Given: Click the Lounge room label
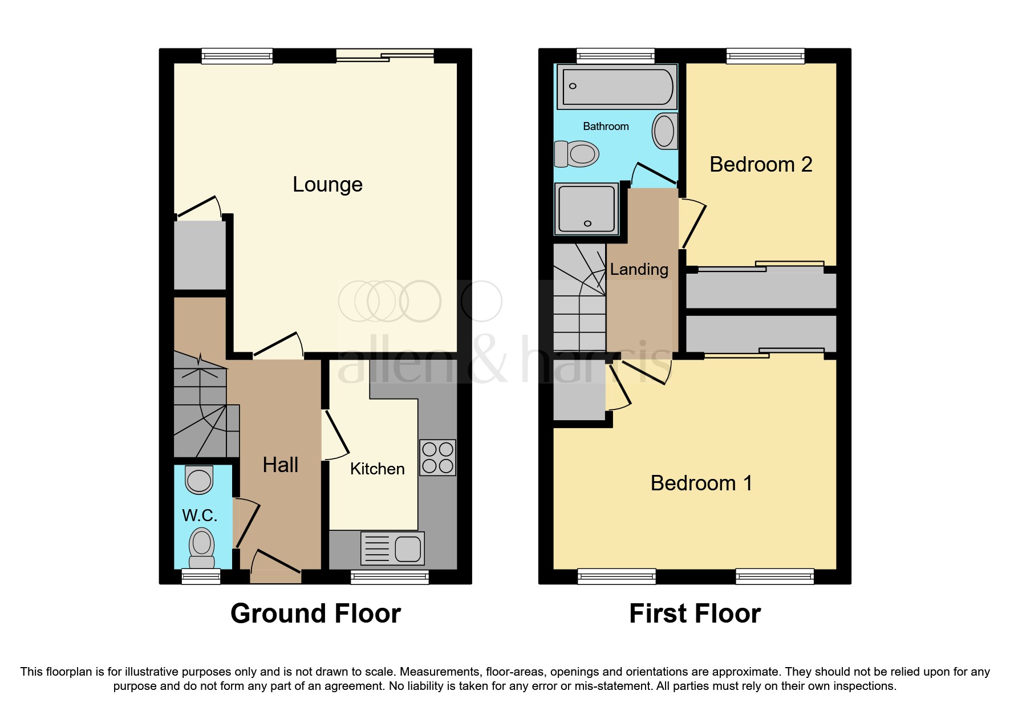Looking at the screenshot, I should click(327, 185).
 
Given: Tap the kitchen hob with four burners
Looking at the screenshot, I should click(437, 457).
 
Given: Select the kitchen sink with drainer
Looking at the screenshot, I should click(392, 548).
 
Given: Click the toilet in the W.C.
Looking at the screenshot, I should click(201, 546).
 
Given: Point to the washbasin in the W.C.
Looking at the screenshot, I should click(199, 480).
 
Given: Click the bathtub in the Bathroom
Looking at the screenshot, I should click(617, 87).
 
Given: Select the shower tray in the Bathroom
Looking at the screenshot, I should click(586, 209).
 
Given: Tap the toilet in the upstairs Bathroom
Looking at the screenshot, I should click(577, 154).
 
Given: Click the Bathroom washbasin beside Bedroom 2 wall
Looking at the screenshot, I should click(664, 131).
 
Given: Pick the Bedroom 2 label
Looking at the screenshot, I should click(760, 165).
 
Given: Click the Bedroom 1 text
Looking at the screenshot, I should click(701, 483).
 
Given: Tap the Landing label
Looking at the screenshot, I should click(639, 269).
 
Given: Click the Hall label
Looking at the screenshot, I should click(280, 465).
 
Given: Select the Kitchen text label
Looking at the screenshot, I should click(377, 469).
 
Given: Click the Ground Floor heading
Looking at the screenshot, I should click(315, 614).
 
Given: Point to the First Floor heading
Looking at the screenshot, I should click(695, 614).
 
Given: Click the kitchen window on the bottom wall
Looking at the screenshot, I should click(390, 577).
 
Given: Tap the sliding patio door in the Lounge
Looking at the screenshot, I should click(385, 55).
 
